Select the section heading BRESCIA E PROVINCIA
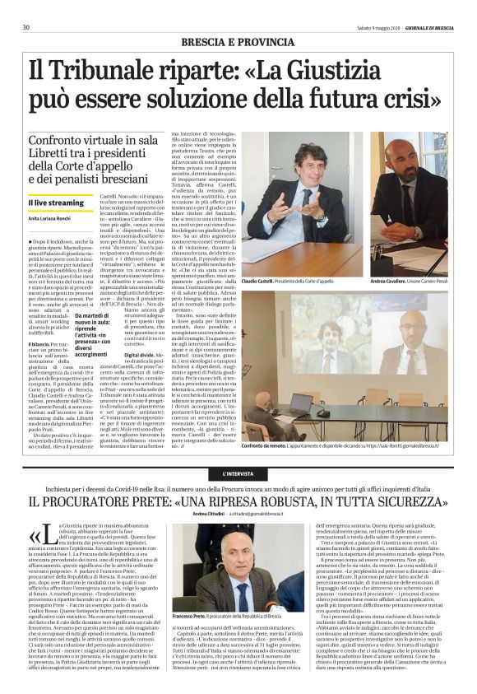click(238, 41)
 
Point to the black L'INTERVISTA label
click(238, 475)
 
